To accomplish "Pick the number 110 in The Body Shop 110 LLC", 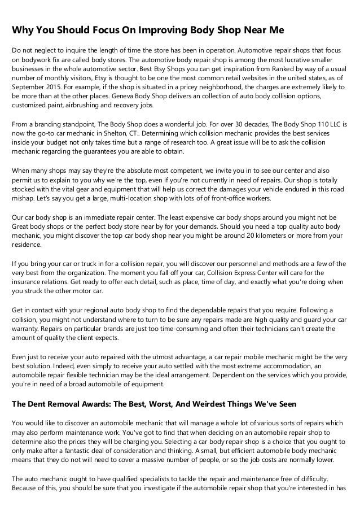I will (x=320, y=123).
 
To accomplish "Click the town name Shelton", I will (x=115, y=133).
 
